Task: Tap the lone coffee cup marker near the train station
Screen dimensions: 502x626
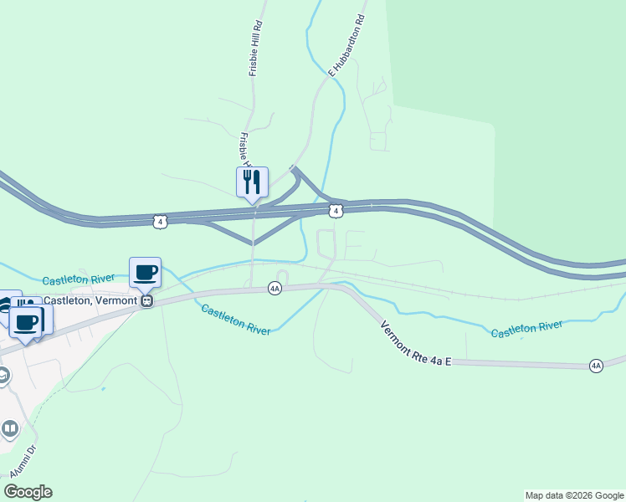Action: coord(146,273)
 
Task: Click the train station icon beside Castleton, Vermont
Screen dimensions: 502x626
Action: coord(146,301)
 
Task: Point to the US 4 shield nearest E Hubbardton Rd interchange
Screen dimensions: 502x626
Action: coord(335,212)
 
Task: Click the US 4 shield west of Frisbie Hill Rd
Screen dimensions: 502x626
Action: coord(160,221)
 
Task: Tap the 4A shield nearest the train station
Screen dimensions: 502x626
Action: coord(275,289)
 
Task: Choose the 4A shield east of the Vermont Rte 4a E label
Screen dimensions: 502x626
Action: coord(595,366)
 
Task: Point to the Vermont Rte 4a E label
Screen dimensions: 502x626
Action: coord(416,343)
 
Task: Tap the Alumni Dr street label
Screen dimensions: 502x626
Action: coord(23,461)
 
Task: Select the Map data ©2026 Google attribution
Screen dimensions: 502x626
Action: coord(574,495)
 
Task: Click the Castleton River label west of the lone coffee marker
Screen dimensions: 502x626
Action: coord(78,277)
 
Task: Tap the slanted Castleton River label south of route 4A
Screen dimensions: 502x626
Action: coord(235,320)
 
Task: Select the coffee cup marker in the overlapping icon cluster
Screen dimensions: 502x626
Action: coord(26,322)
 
